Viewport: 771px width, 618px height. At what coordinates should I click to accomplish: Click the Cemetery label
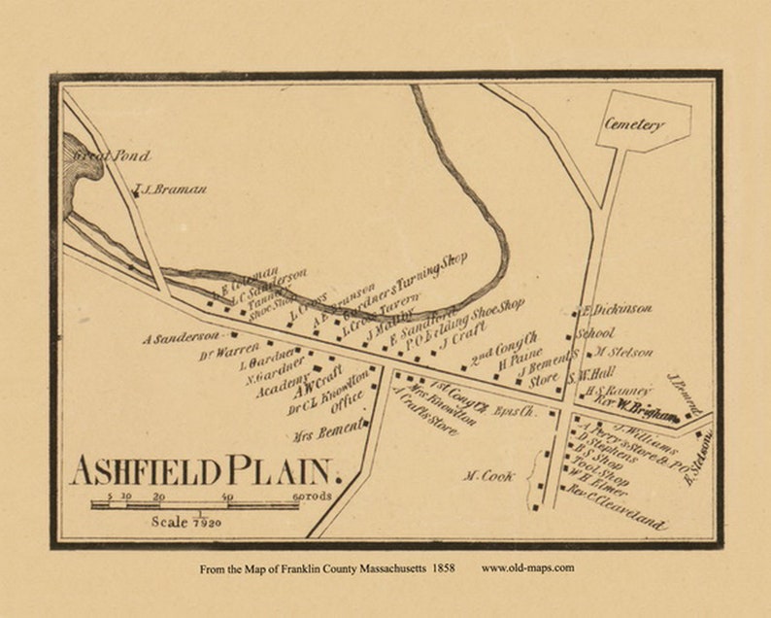[x=634, y=124]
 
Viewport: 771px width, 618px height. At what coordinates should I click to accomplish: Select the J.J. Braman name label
[x=171, y=189]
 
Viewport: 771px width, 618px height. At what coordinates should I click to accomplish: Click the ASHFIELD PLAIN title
[x=202, y=471]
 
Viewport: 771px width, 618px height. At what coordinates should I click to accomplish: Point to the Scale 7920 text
[x=186, y=522]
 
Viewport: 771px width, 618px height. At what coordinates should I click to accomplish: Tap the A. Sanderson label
[x=180, y=339]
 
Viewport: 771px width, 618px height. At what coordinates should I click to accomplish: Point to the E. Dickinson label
[x=619, y=310]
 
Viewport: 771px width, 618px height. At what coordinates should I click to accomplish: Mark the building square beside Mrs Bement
[x=372, y=423]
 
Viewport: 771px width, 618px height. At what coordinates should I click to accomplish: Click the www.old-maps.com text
[x=527, y=566]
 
